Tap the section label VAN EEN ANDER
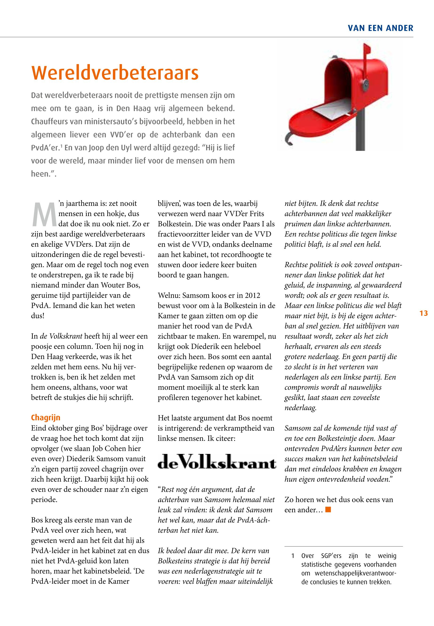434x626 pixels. point(380,28)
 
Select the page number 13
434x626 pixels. point(424,313)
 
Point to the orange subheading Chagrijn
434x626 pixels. point(46,417)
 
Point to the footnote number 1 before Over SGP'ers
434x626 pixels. point(293,556)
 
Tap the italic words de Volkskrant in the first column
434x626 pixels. point(61,336)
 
